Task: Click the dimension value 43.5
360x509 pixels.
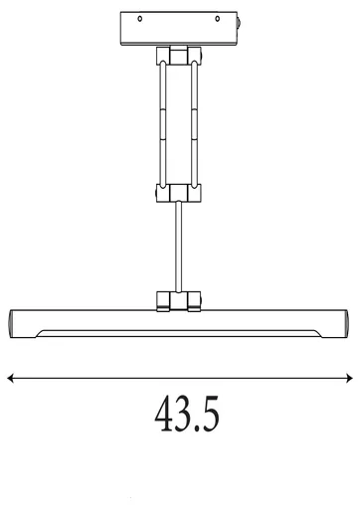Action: click(x=186, y=416)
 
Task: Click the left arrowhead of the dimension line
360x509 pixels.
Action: click(x=10, y=377)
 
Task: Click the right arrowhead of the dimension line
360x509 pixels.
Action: click(x=350, y=377)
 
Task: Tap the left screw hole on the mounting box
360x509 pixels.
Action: click(x=141, y=19)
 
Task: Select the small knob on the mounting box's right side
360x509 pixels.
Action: click(x=242, y=23)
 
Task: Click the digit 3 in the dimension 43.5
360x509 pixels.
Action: click(x=183, y=416)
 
